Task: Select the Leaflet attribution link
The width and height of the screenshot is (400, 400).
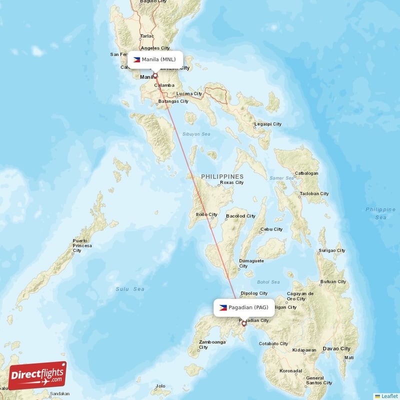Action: [388, 396]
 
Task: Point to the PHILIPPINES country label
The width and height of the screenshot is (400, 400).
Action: [222, 176]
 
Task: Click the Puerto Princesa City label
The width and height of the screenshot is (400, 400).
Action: [82, 245]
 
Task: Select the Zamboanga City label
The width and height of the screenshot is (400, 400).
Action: [212, 345]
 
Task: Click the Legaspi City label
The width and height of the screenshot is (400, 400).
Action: [268, 124]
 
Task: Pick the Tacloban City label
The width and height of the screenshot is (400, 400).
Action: [313, 193]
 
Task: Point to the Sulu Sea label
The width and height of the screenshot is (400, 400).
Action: [130, 289]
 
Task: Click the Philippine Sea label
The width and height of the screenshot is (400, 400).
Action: [380, 213]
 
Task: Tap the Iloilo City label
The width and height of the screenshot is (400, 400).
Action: [206, 214]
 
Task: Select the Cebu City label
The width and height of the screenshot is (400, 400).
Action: [271, 229]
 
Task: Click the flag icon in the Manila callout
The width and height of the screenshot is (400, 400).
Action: [136, 59]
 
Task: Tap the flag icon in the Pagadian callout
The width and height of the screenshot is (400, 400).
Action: [222, 307]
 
